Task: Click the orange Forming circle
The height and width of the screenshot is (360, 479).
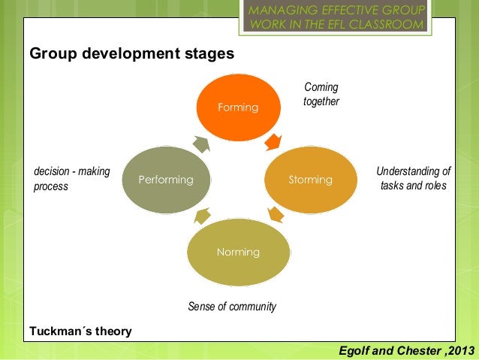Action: coord(238,107)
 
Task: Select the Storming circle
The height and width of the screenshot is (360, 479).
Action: coord(310,180)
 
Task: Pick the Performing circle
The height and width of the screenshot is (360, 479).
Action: coord(165,180)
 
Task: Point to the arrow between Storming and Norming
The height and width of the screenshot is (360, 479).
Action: coord(275,215)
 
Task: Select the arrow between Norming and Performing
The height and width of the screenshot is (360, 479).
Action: coord(201,218)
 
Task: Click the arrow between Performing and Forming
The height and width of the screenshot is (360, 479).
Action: coord(201,143)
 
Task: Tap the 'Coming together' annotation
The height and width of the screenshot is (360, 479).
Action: coord(321,95)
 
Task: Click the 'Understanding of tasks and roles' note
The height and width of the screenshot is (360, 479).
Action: coord(414,178)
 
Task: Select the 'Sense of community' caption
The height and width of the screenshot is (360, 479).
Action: coord(232,307)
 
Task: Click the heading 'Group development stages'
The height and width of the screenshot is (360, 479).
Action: coord(131,55)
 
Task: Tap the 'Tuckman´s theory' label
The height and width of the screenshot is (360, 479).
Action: coord(80,331)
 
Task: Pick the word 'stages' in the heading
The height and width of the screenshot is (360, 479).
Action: coord(209,55)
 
